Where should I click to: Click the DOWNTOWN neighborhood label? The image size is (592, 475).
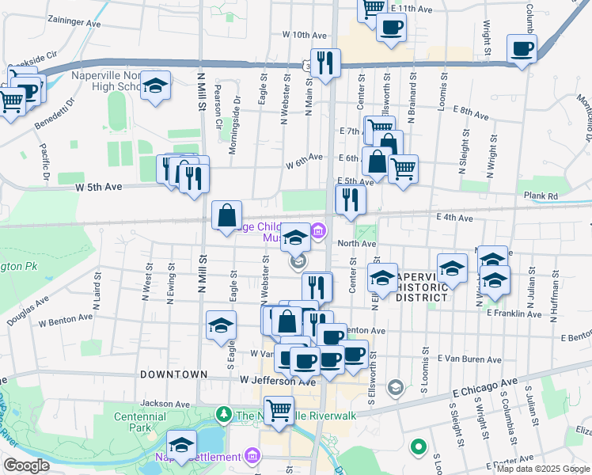(x=173, y=374)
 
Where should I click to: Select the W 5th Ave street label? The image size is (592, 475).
(x=99, y=188)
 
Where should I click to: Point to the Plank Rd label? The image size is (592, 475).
(x=541, y=196)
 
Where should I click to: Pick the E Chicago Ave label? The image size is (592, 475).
(x=487, y=388)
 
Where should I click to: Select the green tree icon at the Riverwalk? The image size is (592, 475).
(x=225, y=414)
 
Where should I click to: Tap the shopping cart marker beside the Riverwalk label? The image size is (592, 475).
(x=278, y=410)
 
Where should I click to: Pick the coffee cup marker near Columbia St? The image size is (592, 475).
(x=522, y=49)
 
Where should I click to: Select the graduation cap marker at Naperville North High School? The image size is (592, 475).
(x=157, y=85)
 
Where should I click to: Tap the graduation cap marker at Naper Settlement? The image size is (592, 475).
(x=181, y=445)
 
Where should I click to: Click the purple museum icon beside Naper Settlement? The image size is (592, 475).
(x=252, y=456)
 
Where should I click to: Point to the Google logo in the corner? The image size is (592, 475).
(x=26, y=465)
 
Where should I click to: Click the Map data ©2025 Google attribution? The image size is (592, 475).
(x=543, y=469)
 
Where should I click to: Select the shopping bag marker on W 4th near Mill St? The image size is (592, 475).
(x=227, y=215)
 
